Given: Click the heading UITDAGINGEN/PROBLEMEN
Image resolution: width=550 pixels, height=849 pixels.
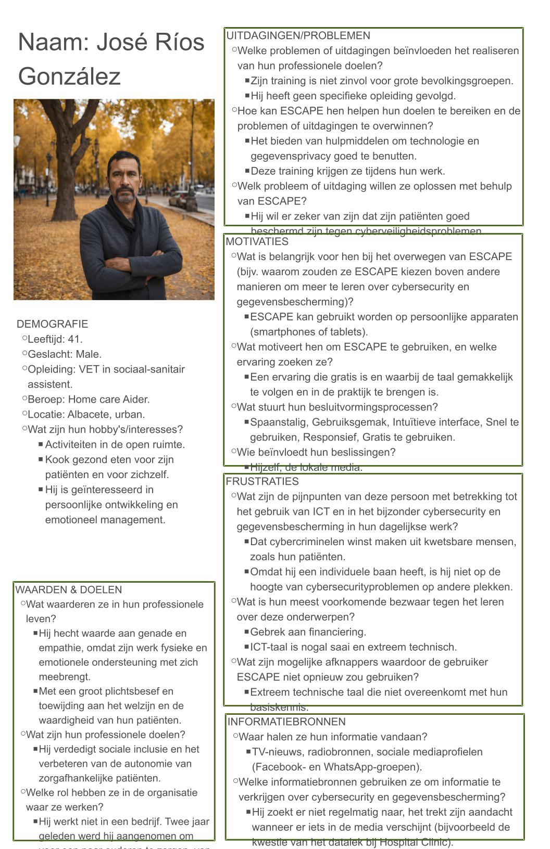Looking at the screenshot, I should pos(298,36).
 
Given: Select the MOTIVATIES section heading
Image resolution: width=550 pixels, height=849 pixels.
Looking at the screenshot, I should pos(257,241).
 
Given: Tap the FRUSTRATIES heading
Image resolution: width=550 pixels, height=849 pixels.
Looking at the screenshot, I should pos(262,481).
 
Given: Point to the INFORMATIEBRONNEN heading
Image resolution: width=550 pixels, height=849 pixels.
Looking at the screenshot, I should pos(286,722).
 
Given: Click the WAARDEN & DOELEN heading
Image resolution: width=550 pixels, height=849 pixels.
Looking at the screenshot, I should pos(68,589).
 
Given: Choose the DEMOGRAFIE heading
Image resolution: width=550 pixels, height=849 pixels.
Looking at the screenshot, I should pos(52,324).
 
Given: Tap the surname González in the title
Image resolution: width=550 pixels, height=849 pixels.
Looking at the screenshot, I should pos(69,76).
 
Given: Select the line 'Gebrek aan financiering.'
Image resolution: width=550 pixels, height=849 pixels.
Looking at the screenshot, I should pos(308,632).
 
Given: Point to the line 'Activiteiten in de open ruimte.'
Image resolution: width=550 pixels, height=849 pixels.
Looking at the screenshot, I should pos(115,445).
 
